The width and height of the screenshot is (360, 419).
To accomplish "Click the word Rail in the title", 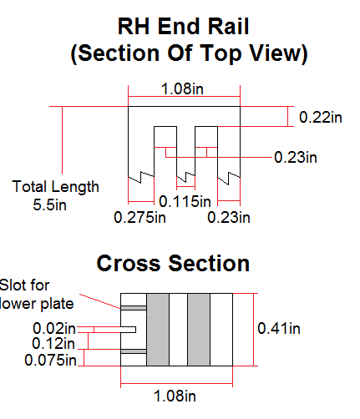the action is (228, 27).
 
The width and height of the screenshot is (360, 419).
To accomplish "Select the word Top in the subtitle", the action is (221, 53).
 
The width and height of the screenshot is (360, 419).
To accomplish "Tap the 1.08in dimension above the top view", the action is (182, 89).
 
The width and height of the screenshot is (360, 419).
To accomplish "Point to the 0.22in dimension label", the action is (321, 117).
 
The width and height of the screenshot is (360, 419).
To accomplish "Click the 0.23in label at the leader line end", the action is (296, 158).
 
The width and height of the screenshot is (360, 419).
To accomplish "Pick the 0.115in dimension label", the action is (185, 201).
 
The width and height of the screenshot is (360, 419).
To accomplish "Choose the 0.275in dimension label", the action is (139, 217).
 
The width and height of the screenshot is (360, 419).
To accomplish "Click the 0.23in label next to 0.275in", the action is (229, 217).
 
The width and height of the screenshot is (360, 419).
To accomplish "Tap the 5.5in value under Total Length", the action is (50, 205).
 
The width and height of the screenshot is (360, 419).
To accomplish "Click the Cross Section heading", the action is (173, 263).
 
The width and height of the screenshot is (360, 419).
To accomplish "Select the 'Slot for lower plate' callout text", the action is (36, 295).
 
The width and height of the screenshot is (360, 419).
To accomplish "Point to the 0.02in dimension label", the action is (54, 328).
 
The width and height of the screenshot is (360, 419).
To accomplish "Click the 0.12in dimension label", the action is (53, 343).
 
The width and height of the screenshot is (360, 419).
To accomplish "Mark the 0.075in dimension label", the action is (50, 361).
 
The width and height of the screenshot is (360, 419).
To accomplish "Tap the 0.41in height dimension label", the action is (279, 329).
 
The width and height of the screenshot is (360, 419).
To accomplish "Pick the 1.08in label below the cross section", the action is (175, 396).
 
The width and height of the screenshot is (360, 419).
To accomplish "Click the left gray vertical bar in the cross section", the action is (158, 330).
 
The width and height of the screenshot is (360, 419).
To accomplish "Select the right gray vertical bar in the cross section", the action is (199, 330).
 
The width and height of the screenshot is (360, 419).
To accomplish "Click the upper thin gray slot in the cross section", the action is (134, 308).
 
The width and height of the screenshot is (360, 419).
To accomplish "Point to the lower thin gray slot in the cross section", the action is (134, 351).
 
